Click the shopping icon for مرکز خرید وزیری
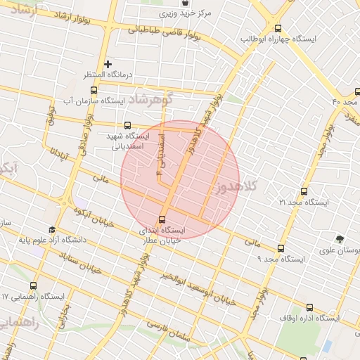(185, 4)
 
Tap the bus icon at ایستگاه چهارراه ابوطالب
(279, 29)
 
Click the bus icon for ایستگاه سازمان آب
(95, 90)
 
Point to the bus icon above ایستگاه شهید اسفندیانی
(127, 125)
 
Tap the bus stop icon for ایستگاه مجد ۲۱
(304, 191)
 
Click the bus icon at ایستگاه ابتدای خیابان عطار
(163, 219)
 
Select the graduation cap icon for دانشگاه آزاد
(51, 230)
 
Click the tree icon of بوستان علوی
(340, 239)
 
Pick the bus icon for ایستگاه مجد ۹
(281, 248)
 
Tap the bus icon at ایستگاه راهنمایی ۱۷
(33, 285)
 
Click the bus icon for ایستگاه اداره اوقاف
(309, 307)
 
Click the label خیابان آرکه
(100, 220)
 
